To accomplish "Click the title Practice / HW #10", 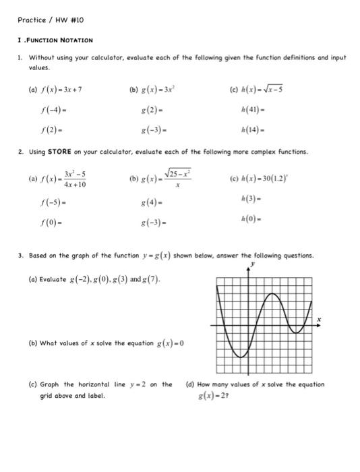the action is pos(47,21).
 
